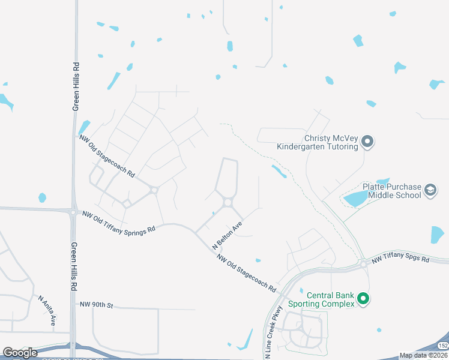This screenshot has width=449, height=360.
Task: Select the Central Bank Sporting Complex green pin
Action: click(x=363, y=298)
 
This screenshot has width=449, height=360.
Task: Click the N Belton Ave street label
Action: click(x=228, y=236)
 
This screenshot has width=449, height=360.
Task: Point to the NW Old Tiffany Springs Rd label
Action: click(x=119, y=221)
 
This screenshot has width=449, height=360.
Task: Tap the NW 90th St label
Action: click(x=96, y=305)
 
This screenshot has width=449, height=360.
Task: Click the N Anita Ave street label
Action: click(x=47, y=310)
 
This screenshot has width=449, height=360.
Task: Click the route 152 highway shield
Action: click(x=442, y=346)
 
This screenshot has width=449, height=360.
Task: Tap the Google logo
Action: click(x=20, y=352)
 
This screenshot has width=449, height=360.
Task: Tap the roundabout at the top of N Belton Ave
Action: click(x=228, y=203)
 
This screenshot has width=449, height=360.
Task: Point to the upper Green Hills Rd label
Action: click(x=76, y=87)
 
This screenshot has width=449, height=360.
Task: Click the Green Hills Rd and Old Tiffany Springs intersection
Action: click(x=73, y=212)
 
